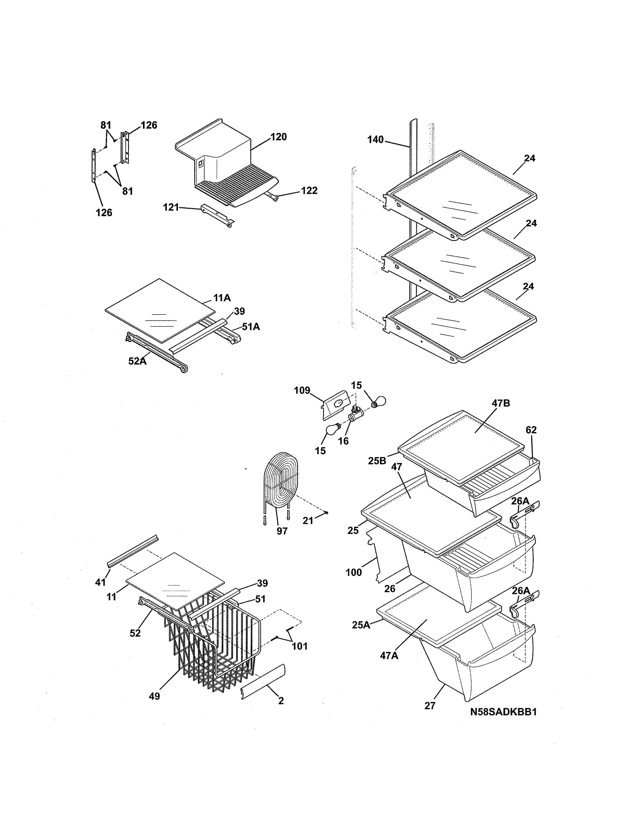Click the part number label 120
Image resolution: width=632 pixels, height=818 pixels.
tap(278, 137)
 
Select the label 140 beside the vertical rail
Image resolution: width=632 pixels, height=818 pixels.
tap(375, 139)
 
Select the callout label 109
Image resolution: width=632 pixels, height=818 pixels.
tap(302, 391)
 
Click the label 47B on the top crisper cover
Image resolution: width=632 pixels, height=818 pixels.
tap(501, 403)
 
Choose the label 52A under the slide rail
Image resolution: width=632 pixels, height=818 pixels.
tap(137, 361)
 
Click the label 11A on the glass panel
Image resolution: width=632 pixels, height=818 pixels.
tap(222, 298)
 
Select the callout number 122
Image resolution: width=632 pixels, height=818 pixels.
tap(309, 191)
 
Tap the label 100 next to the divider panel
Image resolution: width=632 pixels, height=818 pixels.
tap(353, 572)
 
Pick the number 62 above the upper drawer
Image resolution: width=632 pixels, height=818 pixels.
tap(531, 430)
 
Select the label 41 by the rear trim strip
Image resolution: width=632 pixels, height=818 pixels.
tap(100, 582)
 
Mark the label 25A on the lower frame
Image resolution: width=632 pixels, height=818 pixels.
tap(361, 625)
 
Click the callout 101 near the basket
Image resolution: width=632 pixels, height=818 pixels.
tap(299, 647)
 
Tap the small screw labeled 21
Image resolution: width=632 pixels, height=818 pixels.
tap(327, 513)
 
